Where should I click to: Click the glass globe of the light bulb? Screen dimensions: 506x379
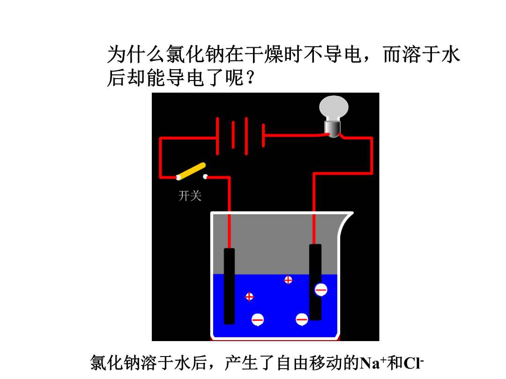pos(334,108)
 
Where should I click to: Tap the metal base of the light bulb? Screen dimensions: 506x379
pos(332,129)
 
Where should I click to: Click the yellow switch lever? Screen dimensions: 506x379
pos(191,171)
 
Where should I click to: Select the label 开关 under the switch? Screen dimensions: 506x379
pos(190,196)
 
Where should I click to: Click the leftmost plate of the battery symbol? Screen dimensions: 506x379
pos(217,136)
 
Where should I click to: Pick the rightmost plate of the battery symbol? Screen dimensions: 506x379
pos(264,135)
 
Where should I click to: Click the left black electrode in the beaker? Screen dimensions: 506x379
pos(229,286)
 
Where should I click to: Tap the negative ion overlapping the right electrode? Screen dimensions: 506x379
pos(321,290)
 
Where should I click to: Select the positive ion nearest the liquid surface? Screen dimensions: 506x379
pos(288,280)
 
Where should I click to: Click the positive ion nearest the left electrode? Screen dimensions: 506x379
pos(249,297)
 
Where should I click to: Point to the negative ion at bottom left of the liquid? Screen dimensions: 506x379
pos(258,320)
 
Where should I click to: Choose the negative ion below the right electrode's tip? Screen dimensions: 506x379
pos(302,320)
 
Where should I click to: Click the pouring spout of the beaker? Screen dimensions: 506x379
pos(346,222)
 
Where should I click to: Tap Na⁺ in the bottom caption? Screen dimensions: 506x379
pos(373,363)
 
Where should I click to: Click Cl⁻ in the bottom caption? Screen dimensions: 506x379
pos(413,363)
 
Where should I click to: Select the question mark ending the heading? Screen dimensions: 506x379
pos(250,78)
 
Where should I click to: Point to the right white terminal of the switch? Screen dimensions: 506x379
pos(205,176)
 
